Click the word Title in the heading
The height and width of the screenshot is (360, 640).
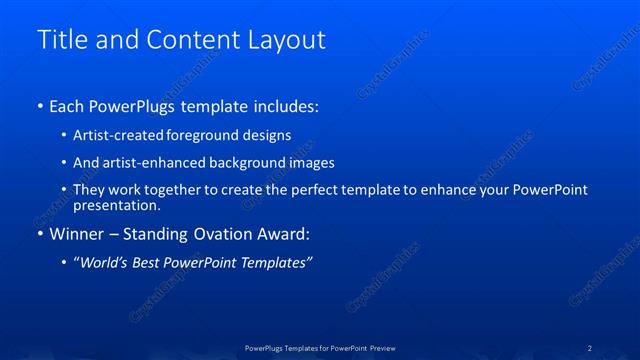(61, 40)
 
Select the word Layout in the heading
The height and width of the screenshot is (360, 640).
(290, 40)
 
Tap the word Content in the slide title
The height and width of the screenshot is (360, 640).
(197, 40)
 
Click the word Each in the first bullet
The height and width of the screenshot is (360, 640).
(67, 105)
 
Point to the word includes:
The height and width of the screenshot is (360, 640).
(288, 105)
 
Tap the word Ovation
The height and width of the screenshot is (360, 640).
(220, 234)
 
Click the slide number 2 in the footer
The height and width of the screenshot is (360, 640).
(590, 347)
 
